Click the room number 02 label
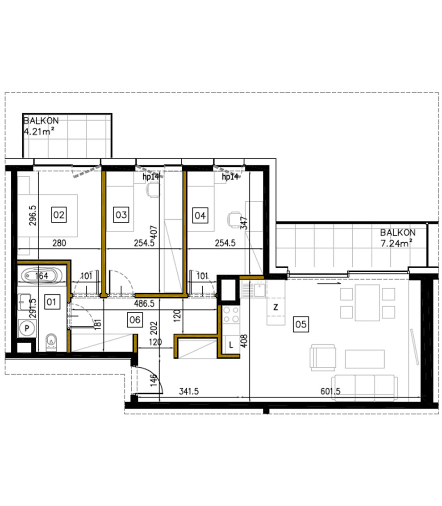click(58, 215)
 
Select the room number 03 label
click(121, 215)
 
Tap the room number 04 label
click(200, 216)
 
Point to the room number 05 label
click(301, 324)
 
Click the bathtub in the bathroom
click(42, 276)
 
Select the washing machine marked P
click(27, 328)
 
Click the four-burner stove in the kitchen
click(231, 315)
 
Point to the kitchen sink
click(253, 289)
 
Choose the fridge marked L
click(231, 344)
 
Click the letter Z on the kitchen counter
click(275, 307)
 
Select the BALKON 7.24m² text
click(397, 237)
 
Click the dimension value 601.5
click(330, 391)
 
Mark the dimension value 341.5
click(188, 391)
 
